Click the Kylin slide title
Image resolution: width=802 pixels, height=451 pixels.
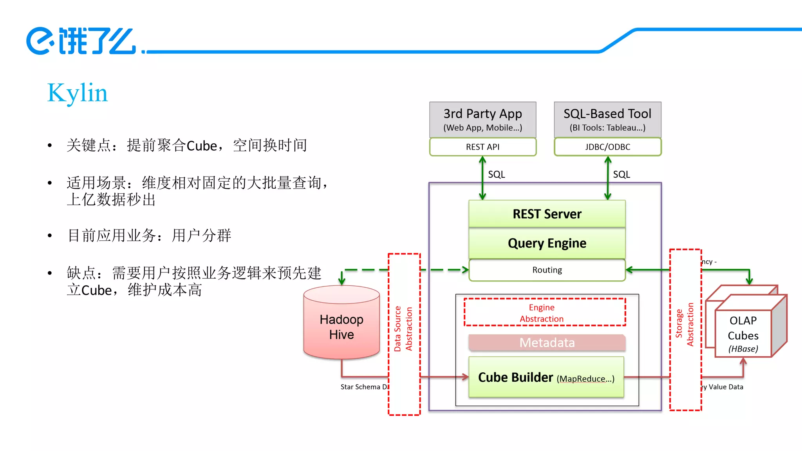[77, 93]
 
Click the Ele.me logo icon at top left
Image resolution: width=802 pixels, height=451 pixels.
[40, 41]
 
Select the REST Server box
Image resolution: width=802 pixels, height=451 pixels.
[547, 214]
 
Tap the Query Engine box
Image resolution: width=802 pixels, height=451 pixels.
[547, 243]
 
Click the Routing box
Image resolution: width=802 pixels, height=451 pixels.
[547, 270]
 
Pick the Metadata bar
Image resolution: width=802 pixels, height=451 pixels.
[547, 343]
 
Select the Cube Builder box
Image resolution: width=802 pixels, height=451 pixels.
[546, 377]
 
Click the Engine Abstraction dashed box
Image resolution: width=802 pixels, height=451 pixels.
[544, 313]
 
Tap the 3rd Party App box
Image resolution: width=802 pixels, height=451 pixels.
[482, 119]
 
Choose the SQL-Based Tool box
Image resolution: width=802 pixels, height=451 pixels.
[607, 119]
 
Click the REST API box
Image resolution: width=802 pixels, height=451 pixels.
[482, 147]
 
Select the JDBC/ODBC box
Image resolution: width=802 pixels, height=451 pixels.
[607, 147]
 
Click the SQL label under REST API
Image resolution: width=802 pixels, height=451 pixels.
[496, 175]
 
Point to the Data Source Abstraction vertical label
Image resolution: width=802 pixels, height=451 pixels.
[403, 329]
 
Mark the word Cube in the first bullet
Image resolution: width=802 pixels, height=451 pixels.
[202, 146]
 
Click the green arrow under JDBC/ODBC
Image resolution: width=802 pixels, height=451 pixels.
[608, 178]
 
